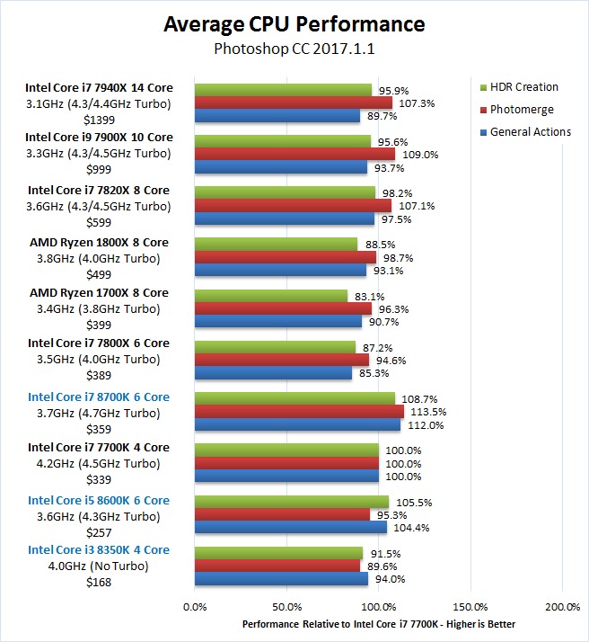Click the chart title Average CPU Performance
[x=294, y=23]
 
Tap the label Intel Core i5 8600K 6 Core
[x=99, y=500]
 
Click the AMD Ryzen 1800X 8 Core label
[x=99, y=243]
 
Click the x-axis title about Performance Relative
[x=379, y=624]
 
